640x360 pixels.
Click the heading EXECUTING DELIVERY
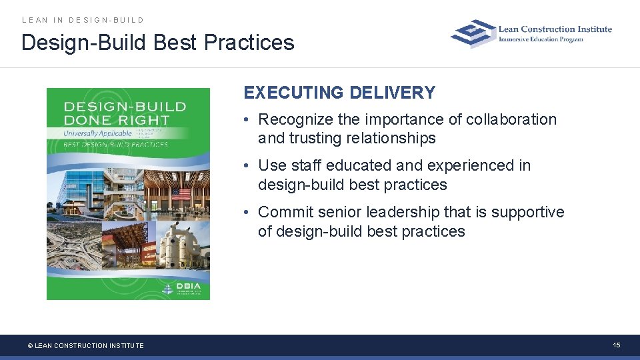point(339,93)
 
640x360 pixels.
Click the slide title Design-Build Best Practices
point(157,43)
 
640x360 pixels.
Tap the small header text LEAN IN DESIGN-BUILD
point(83,20)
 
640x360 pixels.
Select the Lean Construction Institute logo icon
point(473,33)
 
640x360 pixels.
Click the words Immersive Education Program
point(541,39)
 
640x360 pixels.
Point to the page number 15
point(617,345)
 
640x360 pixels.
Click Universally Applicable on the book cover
point(97,133)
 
